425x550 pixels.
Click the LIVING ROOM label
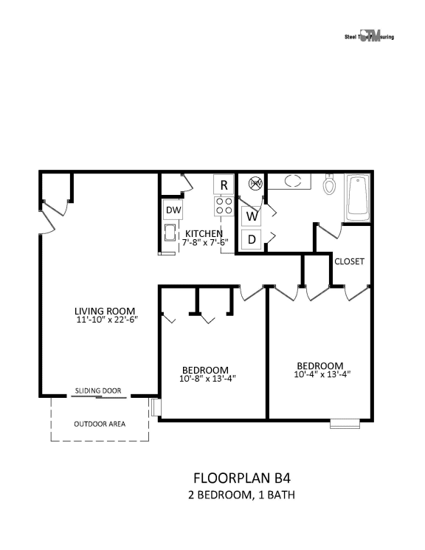[106, 311]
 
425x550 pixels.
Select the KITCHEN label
[204, 233]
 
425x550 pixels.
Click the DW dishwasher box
[173, 210]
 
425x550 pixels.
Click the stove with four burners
[224, 207]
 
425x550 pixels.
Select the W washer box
[252, 216]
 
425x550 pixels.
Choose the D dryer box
[252, 239]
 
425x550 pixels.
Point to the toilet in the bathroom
[331, 184]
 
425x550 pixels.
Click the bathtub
[358, 197]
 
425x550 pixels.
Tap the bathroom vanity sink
[293, 181]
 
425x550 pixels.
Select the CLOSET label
[349, 261]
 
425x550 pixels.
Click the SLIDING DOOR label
[97, 391]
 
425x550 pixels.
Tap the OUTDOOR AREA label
[99, 424]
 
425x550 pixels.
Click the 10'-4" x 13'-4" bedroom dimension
[319, 374]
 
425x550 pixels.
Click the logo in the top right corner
[369, 36]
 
